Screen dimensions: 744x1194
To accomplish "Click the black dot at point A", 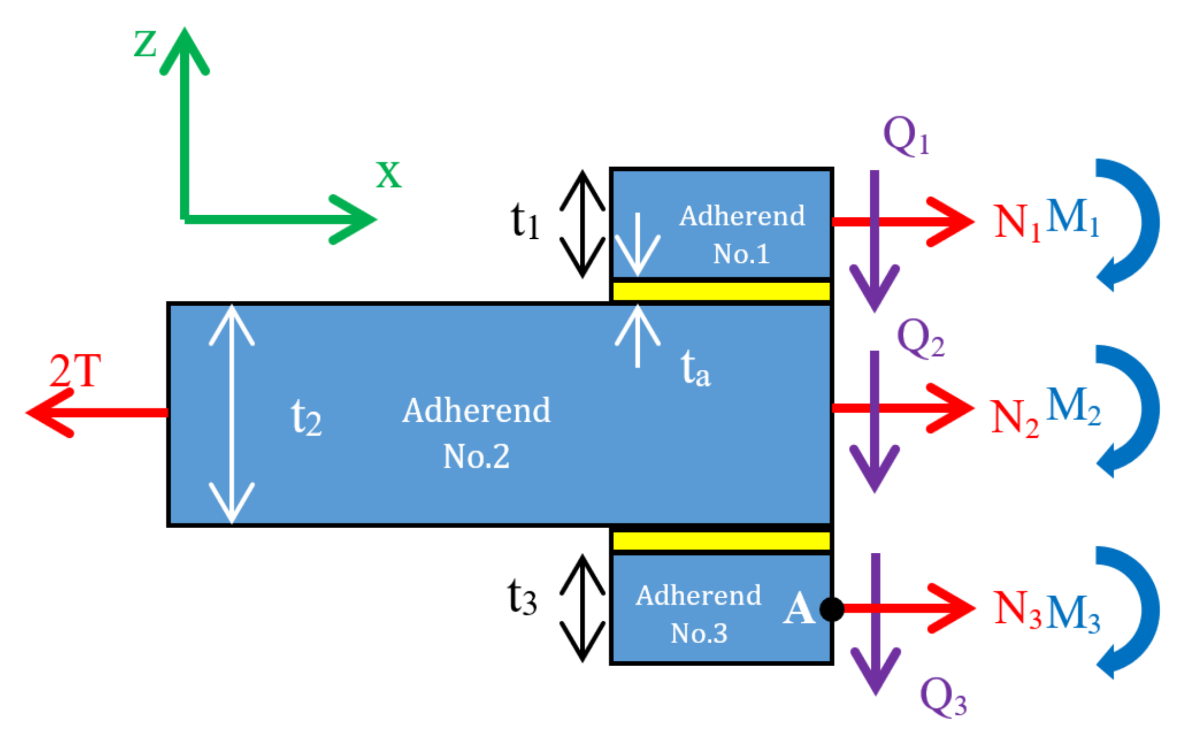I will [x=832, y=609].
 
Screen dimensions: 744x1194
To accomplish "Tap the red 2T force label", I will [x=75, y=370].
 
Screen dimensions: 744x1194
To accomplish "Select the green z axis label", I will [x=145, y=44].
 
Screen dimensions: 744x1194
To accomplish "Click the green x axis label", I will [x=389, y=175].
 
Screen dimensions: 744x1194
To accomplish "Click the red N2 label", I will [x=1014, y=418].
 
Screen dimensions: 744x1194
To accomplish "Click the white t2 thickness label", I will [x=306, y=417].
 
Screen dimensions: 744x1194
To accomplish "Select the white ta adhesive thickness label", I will [x=695, y=369].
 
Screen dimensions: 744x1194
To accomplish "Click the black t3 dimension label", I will [x=522, y=597].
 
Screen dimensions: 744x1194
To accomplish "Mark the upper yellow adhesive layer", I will [x=721, y=291].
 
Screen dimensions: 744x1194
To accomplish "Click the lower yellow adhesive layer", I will [x=721, y=541].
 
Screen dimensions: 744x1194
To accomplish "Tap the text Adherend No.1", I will [x=742, y=235].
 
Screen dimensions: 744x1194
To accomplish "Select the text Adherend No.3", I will [x=698, y=614].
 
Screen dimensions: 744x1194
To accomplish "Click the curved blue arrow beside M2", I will [x=1133, y=411].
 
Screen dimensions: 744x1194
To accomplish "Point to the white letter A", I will [x=799, y=609].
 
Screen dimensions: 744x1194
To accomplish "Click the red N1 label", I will [x=1016, y=222].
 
